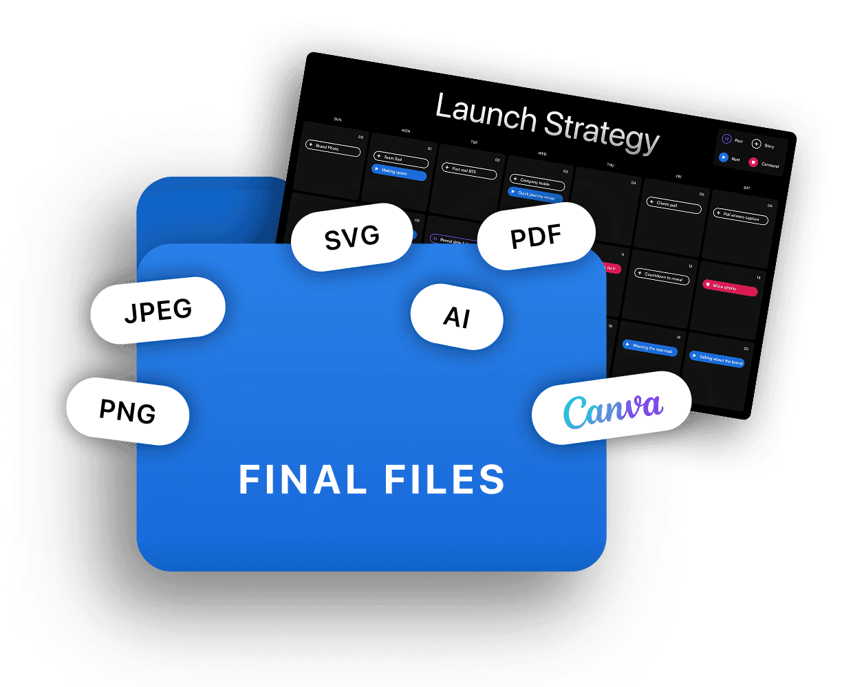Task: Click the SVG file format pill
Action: click(x=352, y=238)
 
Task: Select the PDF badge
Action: click(x=536, y=238)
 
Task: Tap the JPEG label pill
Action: click(x=158, y=311)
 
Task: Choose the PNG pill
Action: click(x=127, y=411)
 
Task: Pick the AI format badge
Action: click(x=457, y=317)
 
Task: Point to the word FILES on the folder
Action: click(x=445, y=479)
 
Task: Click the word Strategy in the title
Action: click(x=602, y=132)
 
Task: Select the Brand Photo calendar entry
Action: click(x=332, y=149)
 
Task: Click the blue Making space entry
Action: click(x=398, y=173)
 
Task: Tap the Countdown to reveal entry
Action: click(x=661, y=276)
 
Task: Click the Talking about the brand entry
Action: click(x=717, y=360)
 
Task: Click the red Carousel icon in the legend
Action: click(x=753, y=163)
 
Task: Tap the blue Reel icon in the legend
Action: click(x=724, y=157)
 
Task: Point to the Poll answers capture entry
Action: click(x=740, y=217)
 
